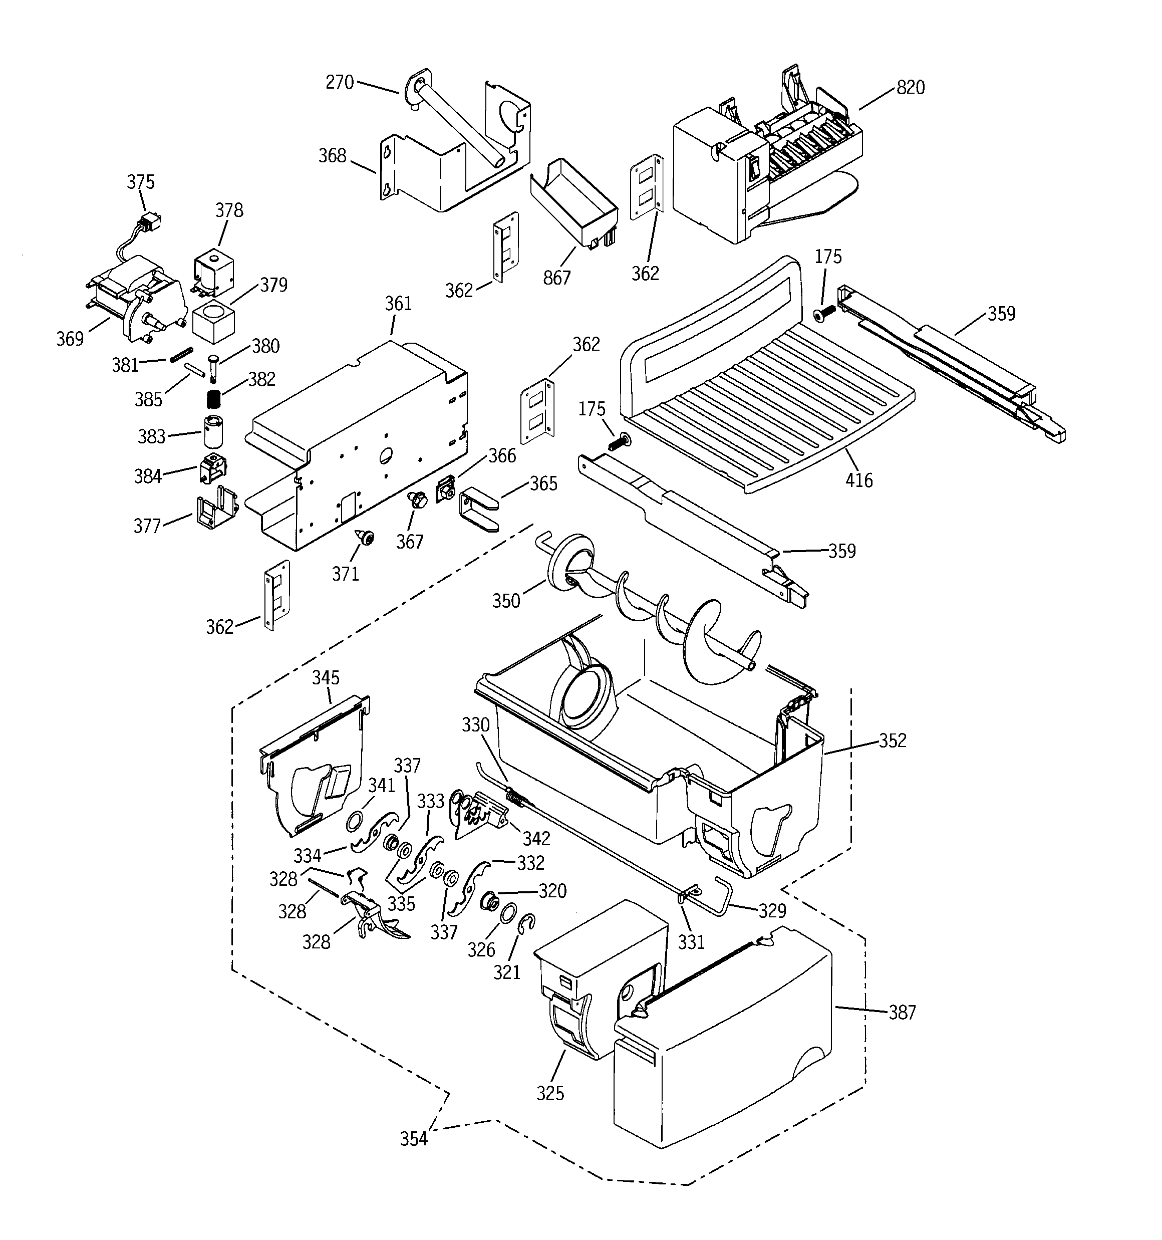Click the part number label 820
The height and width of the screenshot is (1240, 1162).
(910, 87)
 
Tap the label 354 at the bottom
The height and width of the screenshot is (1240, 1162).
(414, 1139)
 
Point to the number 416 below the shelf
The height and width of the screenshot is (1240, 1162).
(858, 480)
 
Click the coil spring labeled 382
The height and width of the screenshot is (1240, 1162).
(214, 397)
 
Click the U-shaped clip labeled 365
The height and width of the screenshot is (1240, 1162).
(477, 509)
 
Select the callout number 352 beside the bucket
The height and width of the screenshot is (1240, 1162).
(893, 740)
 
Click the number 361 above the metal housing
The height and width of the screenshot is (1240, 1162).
(398, 304)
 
